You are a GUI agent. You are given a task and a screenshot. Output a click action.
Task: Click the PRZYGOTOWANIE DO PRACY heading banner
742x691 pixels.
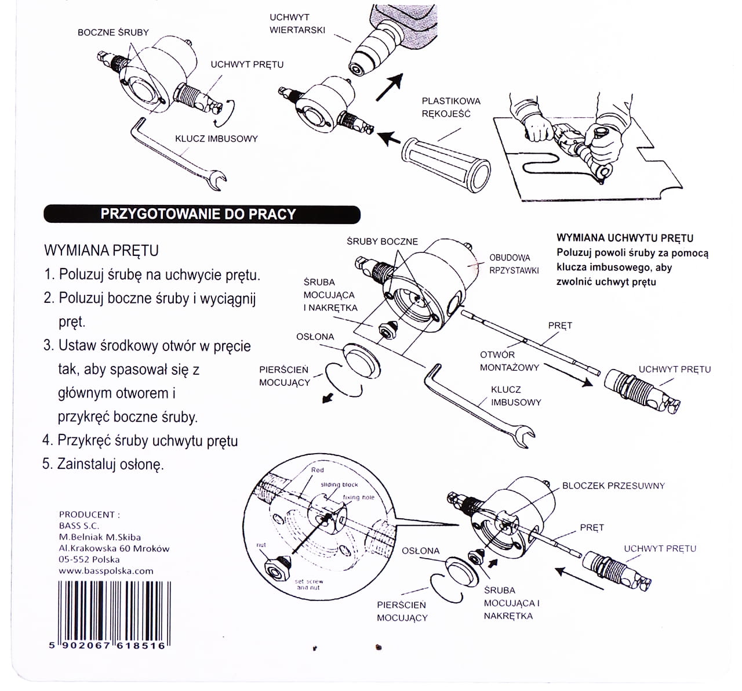coord(201,214)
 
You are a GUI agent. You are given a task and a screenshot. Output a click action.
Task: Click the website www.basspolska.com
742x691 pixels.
coord(106,570)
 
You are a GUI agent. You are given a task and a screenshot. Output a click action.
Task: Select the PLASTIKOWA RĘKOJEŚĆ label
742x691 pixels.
coord(451,107)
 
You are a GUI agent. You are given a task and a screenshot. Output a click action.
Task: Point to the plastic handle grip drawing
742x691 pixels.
coord(447,164)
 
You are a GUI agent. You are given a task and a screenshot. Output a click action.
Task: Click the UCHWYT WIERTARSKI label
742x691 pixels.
coord(297,24)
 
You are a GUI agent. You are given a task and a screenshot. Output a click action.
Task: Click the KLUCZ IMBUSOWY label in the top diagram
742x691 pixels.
coord(216,139)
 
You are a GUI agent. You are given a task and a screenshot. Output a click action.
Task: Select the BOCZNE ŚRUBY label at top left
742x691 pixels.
coord(113,32)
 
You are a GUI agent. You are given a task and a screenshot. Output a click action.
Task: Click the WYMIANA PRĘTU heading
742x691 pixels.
coord(101,251)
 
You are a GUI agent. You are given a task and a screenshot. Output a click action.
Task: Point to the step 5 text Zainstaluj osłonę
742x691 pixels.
coord(103,464)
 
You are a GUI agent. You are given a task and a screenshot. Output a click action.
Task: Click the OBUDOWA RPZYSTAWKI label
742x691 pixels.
coord(514,264)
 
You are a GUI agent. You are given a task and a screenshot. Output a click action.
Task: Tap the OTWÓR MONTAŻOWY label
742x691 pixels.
coord(509,361)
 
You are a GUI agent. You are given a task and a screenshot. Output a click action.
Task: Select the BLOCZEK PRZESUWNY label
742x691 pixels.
coord(613,486)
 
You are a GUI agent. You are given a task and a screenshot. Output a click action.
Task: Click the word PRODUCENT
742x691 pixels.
coord(89,515)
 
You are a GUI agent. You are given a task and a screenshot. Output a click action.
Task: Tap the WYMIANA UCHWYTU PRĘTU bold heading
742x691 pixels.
coord(624,238)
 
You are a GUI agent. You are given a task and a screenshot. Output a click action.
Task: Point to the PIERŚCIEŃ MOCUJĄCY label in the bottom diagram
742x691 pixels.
coord(402,611)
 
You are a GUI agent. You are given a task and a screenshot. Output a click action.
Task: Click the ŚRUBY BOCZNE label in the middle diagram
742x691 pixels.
coord(382,241)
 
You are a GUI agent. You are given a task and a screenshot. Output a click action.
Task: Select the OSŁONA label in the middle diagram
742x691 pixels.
coord(315,337)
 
